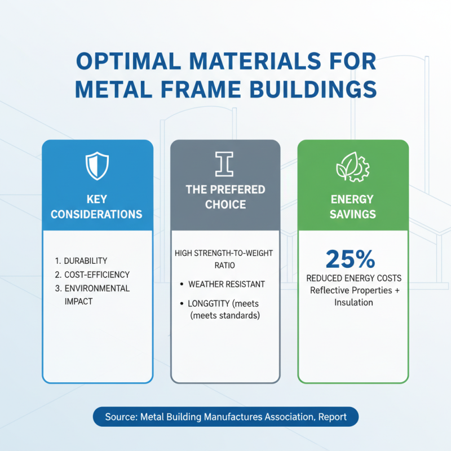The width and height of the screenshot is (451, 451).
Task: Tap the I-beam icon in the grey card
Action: click(225, 163)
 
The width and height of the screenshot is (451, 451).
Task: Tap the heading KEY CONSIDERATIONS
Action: click(98, 207)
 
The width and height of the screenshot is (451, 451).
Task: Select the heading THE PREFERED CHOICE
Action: click(225, 197)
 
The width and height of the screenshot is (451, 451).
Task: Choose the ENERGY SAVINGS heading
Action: click(353, 207)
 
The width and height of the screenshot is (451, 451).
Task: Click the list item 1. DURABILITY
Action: click(82, 261)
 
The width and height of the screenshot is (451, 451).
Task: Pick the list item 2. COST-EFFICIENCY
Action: click(93, 275)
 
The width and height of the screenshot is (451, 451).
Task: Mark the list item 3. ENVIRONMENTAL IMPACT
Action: click(94, 294)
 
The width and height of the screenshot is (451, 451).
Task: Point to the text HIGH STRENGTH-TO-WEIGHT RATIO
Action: click(225, 259)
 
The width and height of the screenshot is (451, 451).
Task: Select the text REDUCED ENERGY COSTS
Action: click(352, 279)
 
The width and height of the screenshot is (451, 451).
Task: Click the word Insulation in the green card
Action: click(353, 302)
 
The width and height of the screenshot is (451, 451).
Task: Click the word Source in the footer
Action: click(120, 418)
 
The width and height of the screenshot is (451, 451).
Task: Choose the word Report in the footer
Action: click(331, 418)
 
